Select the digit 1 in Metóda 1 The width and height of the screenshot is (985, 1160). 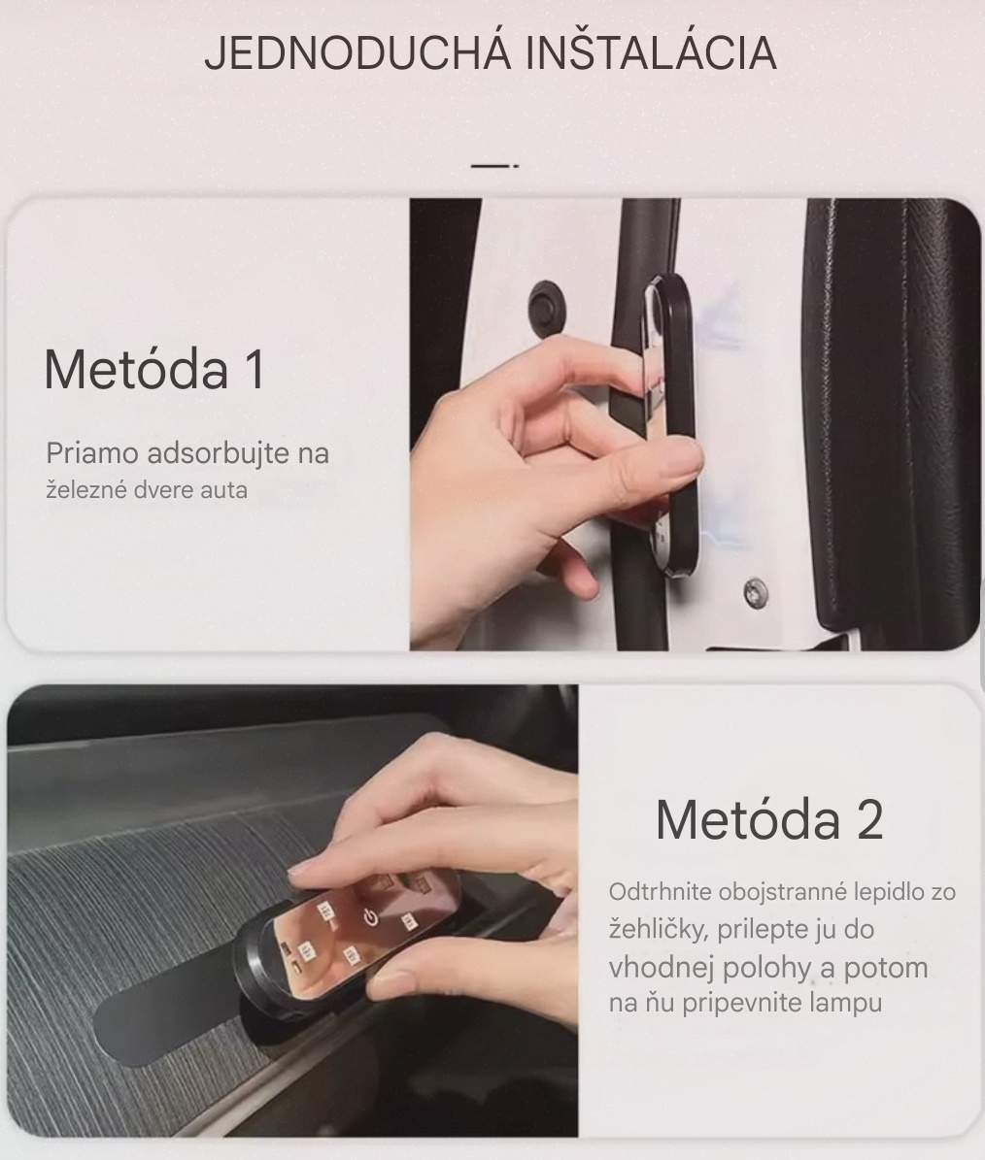(256, 369)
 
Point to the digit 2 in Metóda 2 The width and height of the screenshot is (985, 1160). (869, 819)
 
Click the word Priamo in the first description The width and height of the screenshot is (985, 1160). (92, 452)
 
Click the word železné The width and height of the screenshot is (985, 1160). (86, 490)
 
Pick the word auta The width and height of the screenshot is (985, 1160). (223, 491)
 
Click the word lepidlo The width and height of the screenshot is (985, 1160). (890, 892)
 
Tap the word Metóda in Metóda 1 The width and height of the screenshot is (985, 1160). (135, 369)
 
